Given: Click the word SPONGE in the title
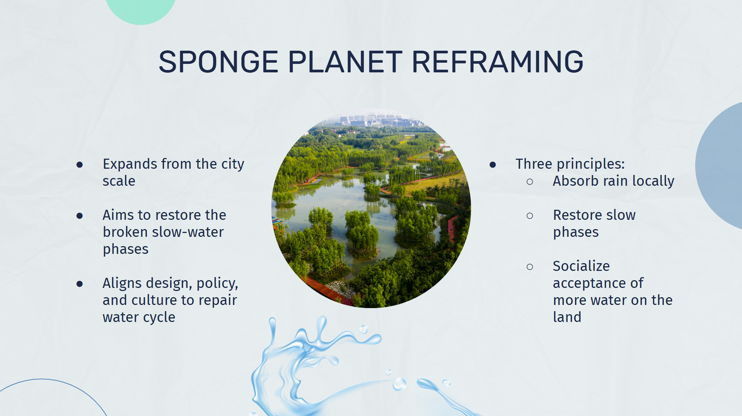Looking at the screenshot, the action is click(x=218, y=62).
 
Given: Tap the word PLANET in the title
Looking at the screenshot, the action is click(x=345, y=62).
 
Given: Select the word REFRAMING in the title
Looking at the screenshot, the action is click(x=498, y=62).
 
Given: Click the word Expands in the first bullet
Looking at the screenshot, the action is click(x=130, y=164).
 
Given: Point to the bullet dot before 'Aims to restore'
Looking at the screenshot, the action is click(x=80, y=216).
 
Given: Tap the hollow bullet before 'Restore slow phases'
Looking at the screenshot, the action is click(x=530, y=216).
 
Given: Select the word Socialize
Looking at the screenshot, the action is click(x=581, y=266).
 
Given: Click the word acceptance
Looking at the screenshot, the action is click(x=598, y=284).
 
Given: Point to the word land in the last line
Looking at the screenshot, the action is click(x=567, y=317).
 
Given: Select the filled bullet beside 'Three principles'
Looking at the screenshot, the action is click(x=493, y=165).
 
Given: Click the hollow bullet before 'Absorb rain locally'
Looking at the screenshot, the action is click(x=530, y=181).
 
